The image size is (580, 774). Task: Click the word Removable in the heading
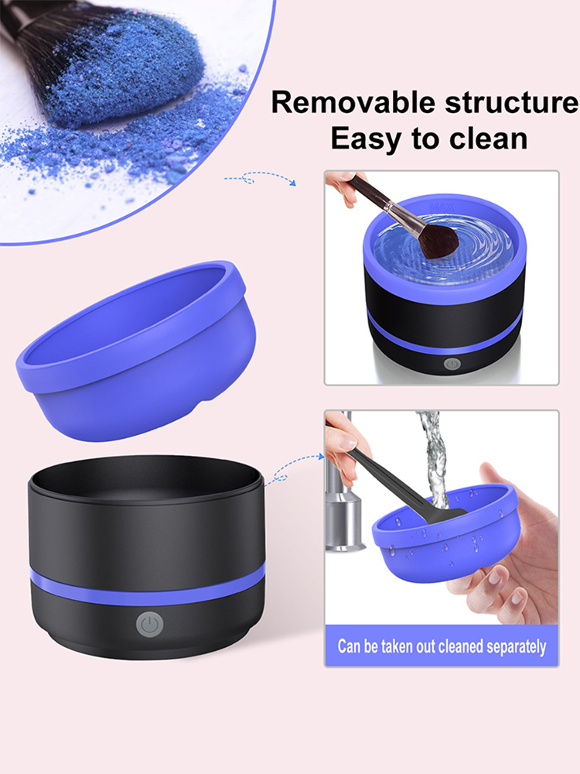(x=353, y=102)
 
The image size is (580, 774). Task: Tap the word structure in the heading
(x=512, y=102)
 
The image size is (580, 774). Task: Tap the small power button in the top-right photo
(x=452, y=365)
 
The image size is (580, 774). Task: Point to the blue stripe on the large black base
(x=147, y=588)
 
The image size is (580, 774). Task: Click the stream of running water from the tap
(x=434, y=459)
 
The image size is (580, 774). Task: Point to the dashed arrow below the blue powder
(x=261, y=178)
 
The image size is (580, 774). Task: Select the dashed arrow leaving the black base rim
(x=295, y=468)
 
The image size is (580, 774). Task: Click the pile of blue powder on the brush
(x=123, y=69)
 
